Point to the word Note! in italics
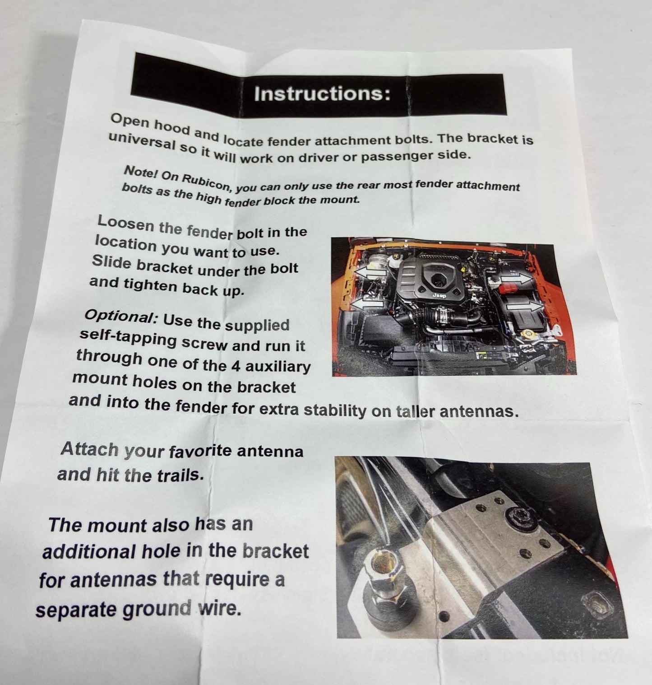coord(137,172)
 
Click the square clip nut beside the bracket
coord(596,606)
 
